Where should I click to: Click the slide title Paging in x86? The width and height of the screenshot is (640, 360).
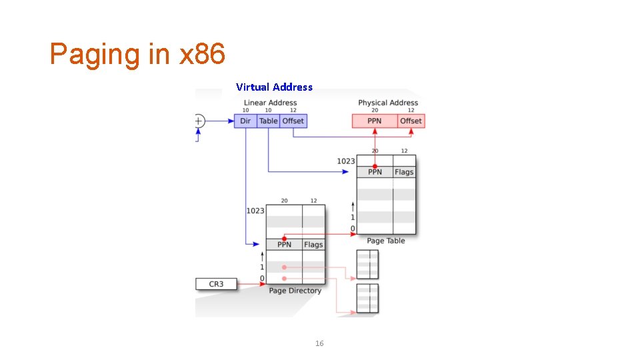(137, 54)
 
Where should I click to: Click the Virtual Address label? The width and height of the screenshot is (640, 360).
(274, 87)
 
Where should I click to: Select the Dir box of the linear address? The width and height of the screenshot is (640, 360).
(245, 121)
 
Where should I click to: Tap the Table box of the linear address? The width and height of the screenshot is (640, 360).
(269, 121)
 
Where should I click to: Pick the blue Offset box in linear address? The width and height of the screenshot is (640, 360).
(293, 121)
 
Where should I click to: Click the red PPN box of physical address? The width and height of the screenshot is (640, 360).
(375, 121)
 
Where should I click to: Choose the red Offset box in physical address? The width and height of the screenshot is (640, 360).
(411, 121)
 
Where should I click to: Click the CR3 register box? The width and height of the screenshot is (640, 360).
(216, 284)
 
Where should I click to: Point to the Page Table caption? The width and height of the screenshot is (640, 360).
(386, 241)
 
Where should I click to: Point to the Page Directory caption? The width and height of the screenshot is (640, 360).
(295, 291)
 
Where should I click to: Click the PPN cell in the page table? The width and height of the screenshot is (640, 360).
(375, 172)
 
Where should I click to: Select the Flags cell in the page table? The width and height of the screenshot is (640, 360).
(404, 172)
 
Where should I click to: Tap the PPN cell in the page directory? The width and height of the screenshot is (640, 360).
(284, 245)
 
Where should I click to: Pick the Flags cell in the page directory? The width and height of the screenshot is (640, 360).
(313, 245)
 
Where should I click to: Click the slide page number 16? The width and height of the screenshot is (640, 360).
(319, 343)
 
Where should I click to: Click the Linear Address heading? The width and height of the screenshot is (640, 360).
(270, 103)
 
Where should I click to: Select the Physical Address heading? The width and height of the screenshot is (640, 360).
(388, 103)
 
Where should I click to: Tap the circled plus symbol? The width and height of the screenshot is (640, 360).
(199, 121)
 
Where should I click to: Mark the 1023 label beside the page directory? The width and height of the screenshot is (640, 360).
(255, 211)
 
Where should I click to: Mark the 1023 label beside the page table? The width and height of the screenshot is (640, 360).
(346, 161)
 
